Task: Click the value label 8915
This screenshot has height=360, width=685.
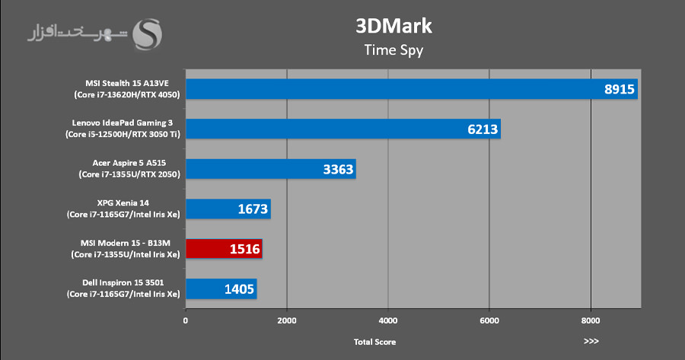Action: (619, 89)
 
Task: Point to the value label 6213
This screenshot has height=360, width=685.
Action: (483, 129)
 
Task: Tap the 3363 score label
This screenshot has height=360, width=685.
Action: (338, 169)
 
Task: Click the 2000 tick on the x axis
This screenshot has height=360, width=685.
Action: (287, 321)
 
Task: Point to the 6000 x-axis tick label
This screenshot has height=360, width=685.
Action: (489, 321)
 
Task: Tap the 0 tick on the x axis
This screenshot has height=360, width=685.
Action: (186, 321)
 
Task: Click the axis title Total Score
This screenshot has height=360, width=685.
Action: (374, 342)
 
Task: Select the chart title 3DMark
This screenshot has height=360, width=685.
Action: (393, 27)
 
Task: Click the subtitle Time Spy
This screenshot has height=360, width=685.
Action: (393, 51)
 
